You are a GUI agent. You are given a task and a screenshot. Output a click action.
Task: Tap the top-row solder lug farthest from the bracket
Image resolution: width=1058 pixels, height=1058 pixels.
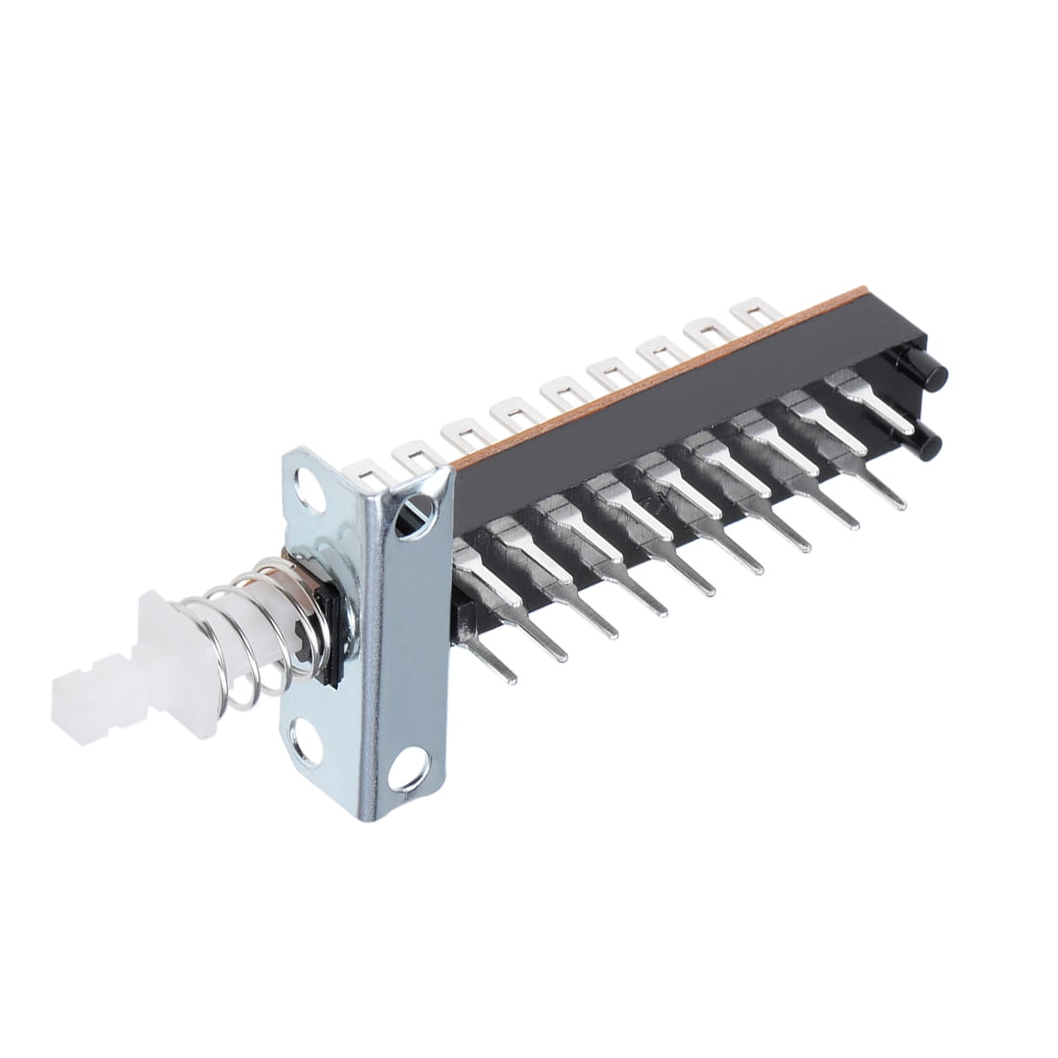coord(755,313)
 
